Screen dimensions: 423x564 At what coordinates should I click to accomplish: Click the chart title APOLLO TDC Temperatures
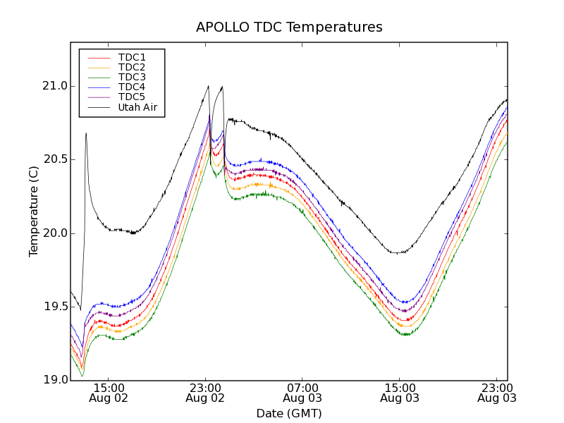(289, 27)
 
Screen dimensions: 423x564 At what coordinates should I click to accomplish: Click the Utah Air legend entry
(137, 107)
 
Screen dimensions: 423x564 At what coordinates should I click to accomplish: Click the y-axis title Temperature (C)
(34, 211)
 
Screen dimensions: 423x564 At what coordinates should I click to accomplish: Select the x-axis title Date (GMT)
(289, 413)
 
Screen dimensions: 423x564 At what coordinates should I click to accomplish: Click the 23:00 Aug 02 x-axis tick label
(205, 393)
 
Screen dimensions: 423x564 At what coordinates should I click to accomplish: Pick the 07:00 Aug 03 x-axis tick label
(302, 393)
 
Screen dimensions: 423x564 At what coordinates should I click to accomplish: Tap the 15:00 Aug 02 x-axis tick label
(108, 393)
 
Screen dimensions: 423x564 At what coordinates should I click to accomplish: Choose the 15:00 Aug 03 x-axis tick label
(400, 393)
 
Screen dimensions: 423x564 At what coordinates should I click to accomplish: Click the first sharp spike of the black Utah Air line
(86, 133)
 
